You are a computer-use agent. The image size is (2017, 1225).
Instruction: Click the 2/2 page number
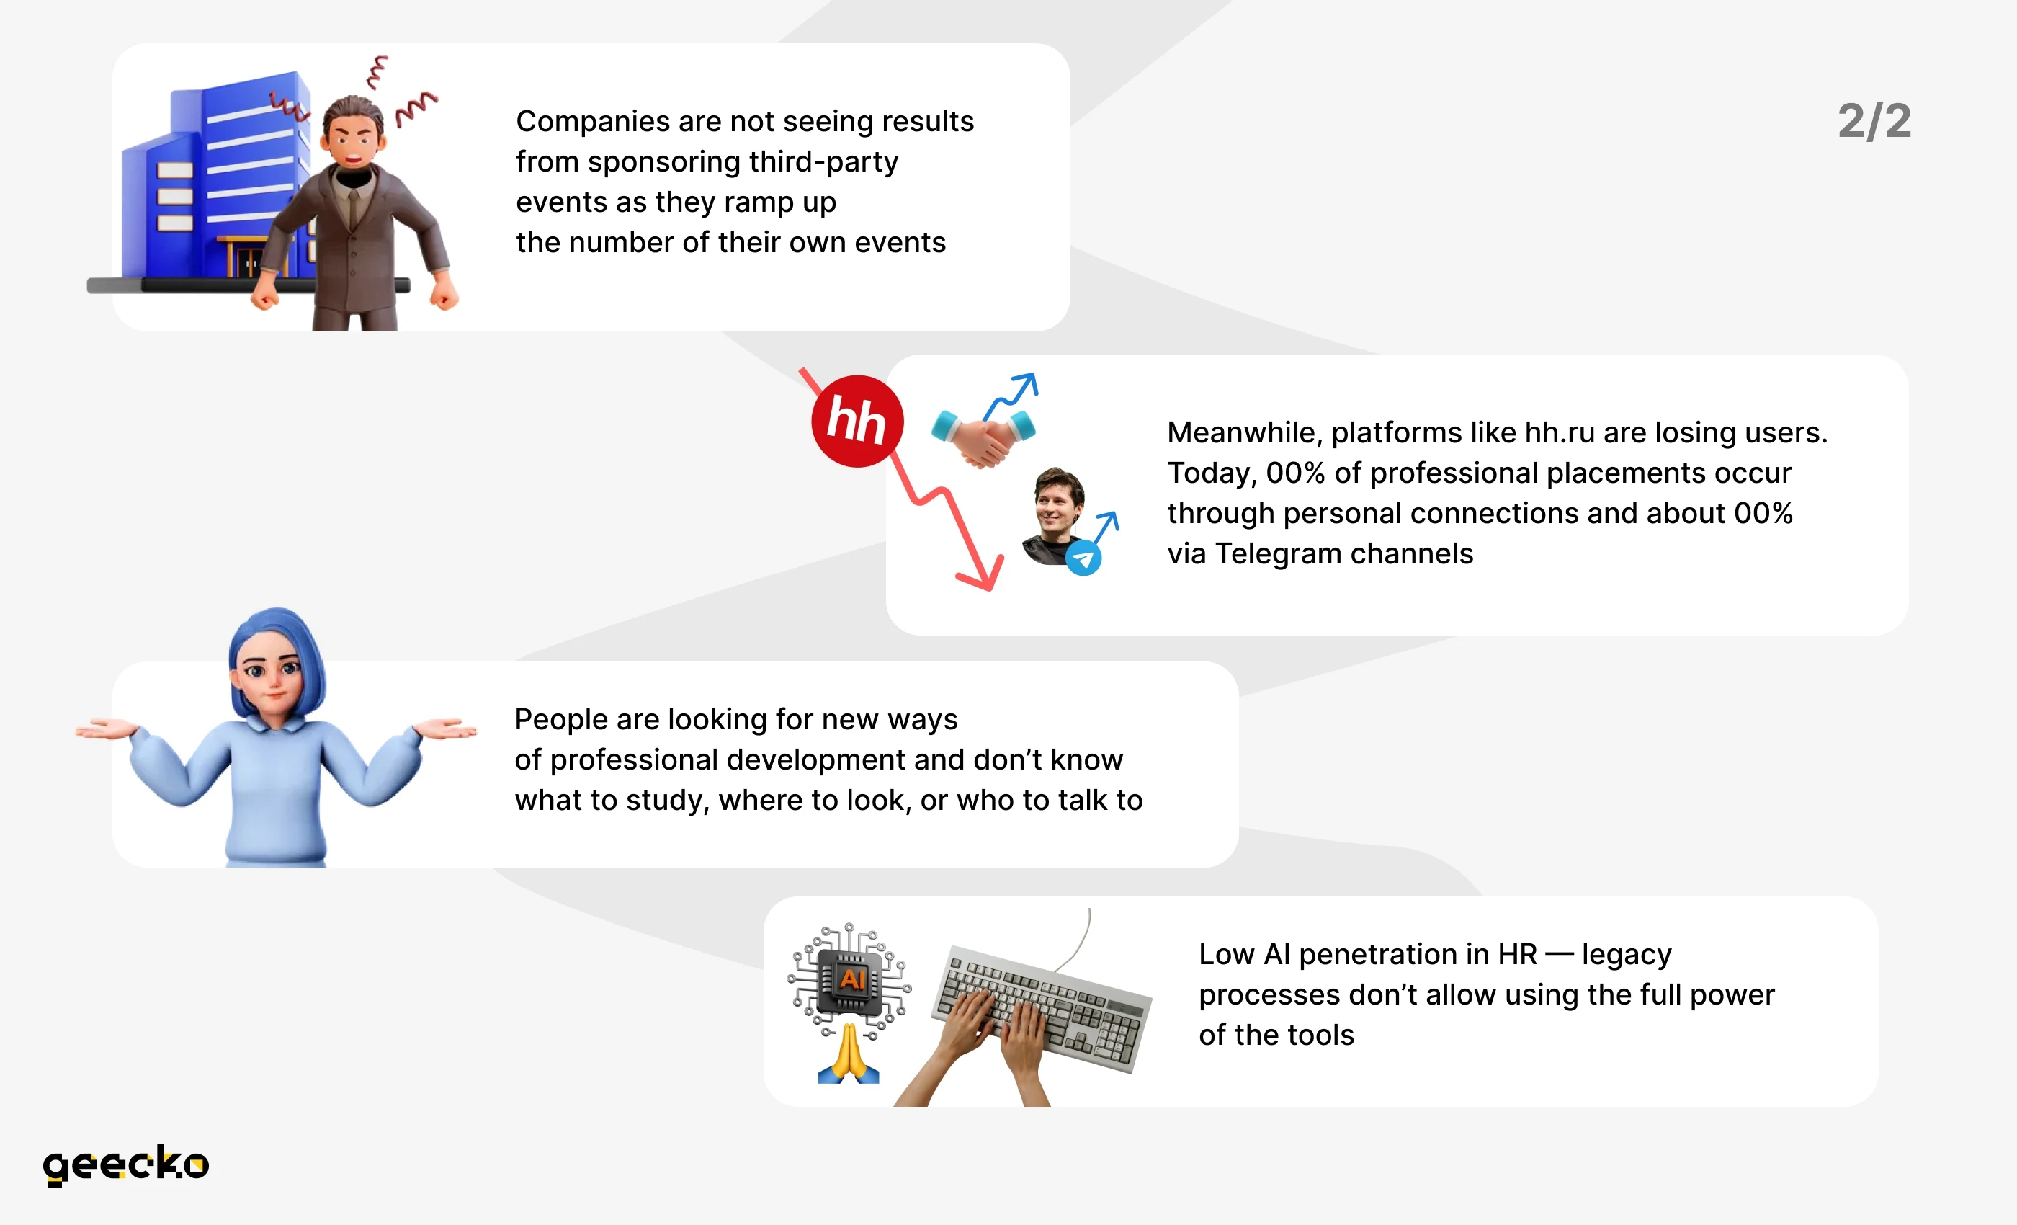tap(1874, 121)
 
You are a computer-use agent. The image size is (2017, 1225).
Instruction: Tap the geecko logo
tap(126, 1164)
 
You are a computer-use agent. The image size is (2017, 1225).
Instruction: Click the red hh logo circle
tap(857, 421)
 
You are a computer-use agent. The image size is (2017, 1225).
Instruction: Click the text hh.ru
tap(1560, 432)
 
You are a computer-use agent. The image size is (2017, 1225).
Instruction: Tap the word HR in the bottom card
tap(1518, 954)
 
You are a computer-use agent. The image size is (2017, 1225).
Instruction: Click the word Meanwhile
tap(1245, 433)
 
